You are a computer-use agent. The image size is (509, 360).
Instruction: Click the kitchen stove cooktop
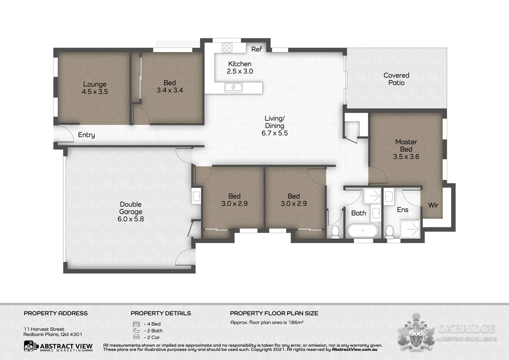[227, 48]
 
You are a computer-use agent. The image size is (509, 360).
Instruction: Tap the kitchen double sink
[233, 87]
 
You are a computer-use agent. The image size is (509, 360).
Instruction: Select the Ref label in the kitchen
[256, 49]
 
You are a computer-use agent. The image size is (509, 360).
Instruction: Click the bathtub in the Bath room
[362, 230]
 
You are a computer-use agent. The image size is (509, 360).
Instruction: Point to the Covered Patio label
[396, 79]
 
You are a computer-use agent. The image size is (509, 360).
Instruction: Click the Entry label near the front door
[86, 135]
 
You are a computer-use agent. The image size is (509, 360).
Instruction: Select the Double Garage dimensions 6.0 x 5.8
[131, 219]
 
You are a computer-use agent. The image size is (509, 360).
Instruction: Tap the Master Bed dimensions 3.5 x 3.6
[406, 157]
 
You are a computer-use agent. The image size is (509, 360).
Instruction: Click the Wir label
[433, 205]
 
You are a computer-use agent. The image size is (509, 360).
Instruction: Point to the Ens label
[402, 210]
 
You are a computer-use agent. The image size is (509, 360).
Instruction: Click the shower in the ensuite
[410, 229]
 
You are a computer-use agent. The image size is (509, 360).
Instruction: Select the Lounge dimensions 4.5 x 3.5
[95, 92]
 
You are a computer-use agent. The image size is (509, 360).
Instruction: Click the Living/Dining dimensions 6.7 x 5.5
[274, 133]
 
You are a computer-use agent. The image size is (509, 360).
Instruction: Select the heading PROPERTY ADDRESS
[56, 313]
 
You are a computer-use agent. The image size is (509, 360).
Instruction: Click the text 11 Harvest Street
[44, 329]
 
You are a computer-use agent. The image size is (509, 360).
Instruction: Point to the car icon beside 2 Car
[136, 337]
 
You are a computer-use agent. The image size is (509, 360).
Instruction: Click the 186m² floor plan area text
[296, 322]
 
